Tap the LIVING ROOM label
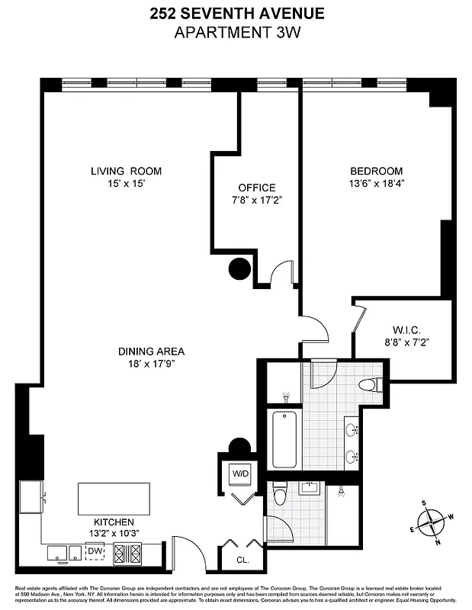tap(126, 172)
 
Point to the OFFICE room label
tap(256, 188)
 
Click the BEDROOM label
tap(376, 172)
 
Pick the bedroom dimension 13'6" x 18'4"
tap(376, 184)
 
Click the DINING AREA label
tap(151, 352)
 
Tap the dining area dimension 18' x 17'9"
tap(151, 364)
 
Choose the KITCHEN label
tap(114, 522)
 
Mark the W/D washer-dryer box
tap(240, 474)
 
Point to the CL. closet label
tap(242, 559)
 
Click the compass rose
tap(432, 524)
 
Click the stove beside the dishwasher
tap(127, 554)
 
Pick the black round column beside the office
tap(240, 268)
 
